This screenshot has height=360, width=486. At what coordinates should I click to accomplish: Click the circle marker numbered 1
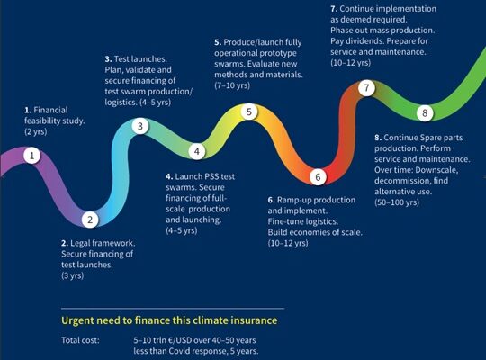31,156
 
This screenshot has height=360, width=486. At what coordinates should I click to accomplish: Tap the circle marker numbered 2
90,220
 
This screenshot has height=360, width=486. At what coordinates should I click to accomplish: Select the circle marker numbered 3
140,126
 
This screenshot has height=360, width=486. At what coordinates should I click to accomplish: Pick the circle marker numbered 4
197,151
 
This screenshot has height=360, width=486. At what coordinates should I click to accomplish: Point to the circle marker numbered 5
249,112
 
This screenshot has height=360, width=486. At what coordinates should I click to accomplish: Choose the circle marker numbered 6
318,177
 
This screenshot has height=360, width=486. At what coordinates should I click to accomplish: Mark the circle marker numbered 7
366,88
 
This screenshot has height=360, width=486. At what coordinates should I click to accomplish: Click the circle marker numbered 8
425,112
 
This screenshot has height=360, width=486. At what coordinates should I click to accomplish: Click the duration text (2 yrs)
36,131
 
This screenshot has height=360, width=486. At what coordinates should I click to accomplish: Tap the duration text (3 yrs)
73,275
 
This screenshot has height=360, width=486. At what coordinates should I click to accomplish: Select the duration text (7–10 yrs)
232,85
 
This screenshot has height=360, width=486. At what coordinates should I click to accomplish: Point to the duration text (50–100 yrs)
397,202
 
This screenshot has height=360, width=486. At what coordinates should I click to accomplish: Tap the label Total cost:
81,340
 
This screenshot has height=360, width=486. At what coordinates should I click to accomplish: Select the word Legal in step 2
80,243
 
